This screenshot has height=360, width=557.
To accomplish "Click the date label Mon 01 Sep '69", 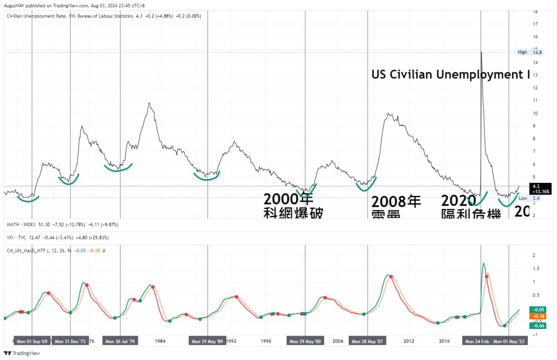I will coord(32,342).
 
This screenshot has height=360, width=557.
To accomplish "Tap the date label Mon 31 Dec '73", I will coord(70,342).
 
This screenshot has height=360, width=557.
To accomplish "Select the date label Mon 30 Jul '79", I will coord(120,342).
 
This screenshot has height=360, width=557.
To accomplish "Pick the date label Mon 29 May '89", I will coord(208,342).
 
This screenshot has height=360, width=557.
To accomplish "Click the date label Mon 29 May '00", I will coord(305,342).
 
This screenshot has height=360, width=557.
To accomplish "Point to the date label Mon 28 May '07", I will coord(367,342).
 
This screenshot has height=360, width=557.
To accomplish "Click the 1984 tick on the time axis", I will coord(160,341).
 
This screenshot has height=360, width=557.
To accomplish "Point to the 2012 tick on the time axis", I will coord(408,341).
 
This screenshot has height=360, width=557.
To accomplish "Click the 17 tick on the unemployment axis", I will coord(535,24).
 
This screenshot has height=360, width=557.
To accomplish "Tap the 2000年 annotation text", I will coord(288,200).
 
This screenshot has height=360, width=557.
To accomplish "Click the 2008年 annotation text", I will coord(396,202).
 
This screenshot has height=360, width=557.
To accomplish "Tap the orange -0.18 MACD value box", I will coord(538,316).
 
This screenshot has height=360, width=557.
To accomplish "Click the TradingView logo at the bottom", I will coord(22,353).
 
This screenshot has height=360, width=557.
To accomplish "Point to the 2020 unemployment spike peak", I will coord(481,52).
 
